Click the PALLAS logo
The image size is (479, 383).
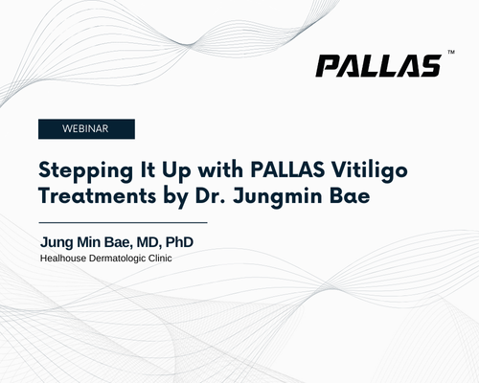(x=378, y=66)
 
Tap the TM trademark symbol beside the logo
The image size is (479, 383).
(x=451, y=52)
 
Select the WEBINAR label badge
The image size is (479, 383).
(x=86, y=129)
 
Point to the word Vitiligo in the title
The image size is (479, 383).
(x=369, y=169)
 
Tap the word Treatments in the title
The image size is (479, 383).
(x=98, y=195)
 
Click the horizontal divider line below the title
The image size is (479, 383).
(x=123, y=222)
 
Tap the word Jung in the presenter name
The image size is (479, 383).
(x=57, y=242)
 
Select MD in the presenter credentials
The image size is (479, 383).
(x=149, y=242)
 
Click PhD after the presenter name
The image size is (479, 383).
(x=179, y=242)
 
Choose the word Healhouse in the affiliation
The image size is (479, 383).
(x=63, y=259)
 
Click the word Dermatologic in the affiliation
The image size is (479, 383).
(x=117, y=259)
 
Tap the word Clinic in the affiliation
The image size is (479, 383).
(x=160, y=259)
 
